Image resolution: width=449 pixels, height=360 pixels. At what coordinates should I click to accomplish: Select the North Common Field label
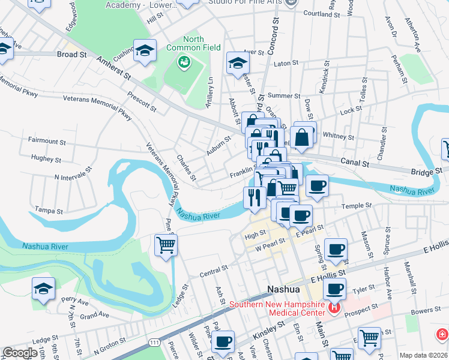pyautogui.click(x=202, y=43)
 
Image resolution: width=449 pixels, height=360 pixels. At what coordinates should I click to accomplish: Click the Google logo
pyautogui.click(x=20, y=353)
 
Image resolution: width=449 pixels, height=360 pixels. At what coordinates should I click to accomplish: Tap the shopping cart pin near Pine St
pyautogui.click(x=166, y=245)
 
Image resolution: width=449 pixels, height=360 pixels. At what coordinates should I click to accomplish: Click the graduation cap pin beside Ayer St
pyautogui.click(x=238, y=62)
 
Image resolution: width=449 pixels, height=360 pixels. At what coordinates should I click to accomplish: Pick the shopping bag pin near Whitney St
pyautogui.click(x=303, y=136)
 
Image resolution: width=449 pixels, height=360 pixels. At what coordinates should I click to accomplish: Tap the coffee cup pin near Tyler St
pyautogui.click(x=335, y=289)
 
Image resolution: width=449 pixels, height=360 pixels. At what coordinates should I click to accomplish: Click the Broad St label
pyautogui.click(x=72, y=54)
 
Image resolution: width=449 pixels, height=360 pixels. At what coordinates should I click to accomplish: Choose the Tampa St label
pyautogui.click(x=49, y=211)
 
